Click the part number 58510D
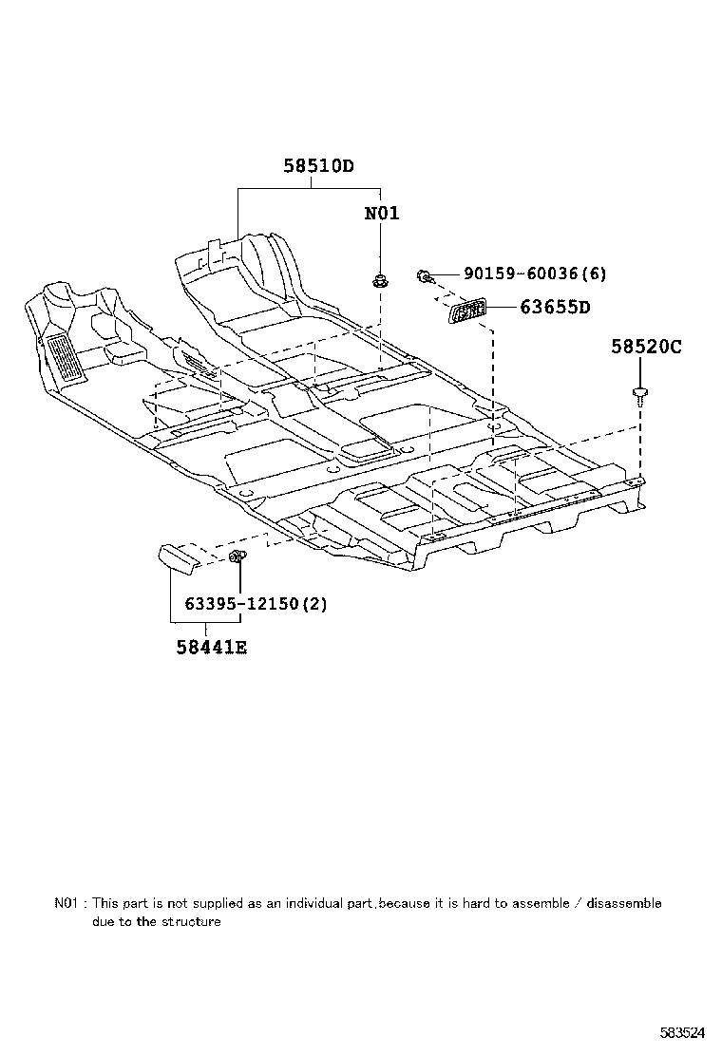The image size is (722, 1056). [x=317, y=166]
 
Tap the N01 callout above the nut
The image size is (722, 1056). [x=382, y=214]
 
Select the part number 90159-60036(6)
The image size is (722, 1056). [x=535, y=274]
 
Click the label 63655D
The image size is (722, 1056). [x=555, y=308]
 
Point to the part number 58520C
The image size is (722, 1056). [x=646, y=348]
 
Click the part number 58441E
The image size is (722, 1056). [x=211, y=648]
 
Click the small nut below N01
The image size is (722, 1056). [x=380, y=279]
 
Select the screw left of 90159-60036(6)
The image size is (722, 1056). [x=426, y=276]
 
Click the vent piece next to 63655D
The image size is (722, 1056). [x=467, y=310]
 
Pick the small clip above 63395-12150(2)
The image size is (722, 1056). [x=237, y=556]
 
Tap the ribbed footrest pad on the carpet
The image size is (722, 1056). [x=63, y=359]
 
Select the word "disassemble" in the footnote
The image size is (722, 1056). [x=623, y=903]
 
